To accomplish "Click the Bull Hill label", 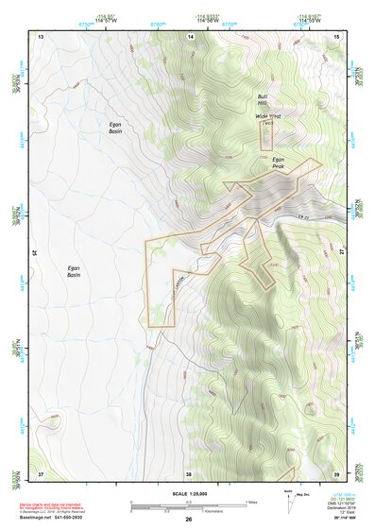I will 264,101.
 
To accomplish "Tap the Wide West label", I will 268,116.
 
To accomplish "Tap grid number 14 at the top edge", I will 191,35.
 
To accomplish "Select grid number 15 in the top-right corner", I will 337,35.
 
